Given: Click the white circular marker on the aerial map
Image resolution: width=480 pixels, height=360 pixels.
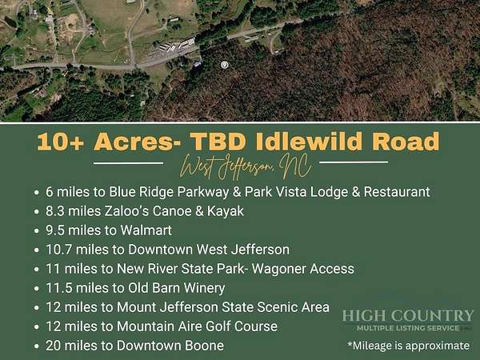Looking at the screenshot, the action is pyautogui.click(x=225, y=65).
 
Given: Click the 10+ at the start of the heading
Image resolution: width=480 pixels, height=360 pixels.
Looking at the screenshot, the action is pyautogui.click(x=61, y=142).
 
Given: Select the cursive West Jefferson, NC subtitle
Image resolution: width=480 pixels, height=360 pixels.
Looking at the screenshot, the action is pyautogui.click(x=246, y=166).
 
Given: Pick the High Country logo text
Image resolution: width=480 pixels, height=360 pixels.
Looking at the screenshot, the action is pyautogui.click(x=408, y=316).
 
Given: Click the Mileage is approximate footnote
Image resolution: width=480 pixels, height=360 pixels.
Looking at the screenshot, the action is pyautogui.click(x=409, y=346).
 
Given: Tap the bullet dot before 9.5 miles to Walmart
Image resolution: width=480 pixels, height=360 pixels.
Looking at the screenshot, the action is pyautogui.click(x=37, y=231).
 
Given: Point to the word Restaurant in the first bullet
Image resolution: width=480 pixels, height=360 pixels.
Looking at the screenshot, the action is pyautogui.click(x=397, y=192).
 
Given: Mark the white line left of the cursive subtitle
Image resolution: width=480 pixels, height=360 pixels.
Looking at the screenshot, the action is pyautogui.click(x=128, y=163).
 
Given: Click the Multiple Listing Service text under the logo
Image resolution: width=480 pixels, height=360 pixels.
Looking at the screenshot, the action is pyautogui.click(x=408, y=329).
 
